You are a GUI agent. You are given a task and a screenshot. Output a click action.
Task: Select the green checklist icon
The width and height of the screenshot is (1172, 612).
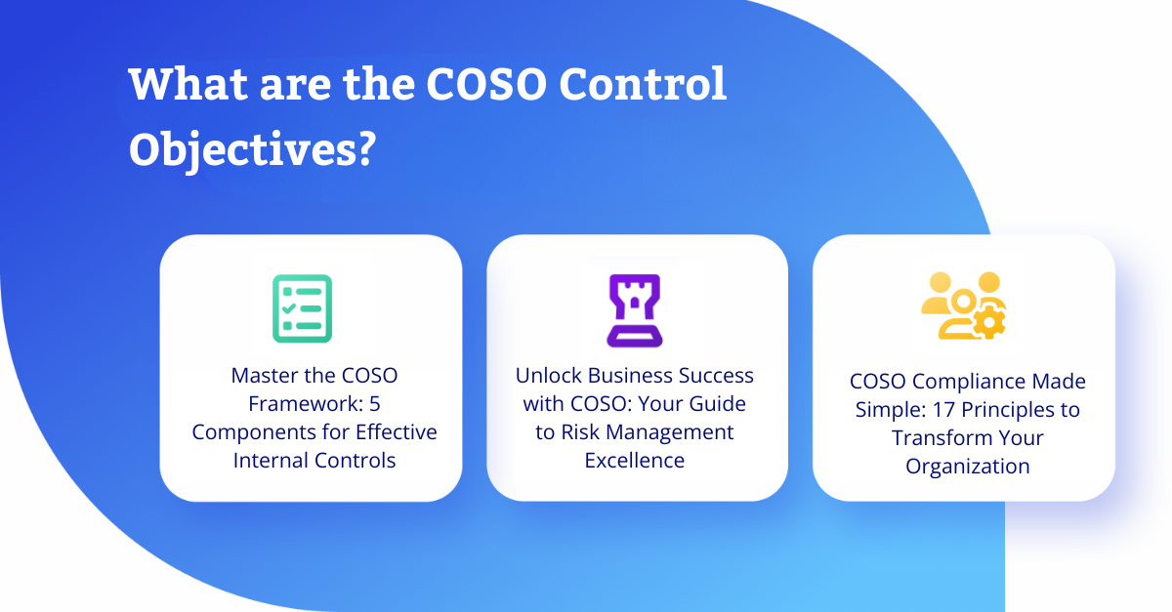click(303, 308)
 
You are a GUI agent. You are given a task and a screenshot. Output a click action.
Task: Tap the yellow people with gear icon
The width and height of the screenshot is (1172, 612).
click(963, 306)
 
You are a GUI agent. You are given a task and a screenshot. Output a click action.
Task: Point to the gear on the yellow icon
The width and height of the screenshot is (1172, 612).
click(989, 323)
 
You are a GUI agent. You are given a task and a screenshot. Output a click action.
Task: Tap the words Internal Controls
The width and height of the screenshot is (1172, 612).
click(314, 460)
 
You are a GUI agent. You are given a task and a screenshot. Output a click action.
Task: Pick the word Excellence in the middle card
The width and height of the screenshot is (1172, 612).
click(635, 460)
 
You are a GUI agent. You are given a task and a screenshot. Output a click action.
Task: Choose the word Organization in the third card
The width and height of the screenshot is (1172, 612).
click(968, 466)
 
